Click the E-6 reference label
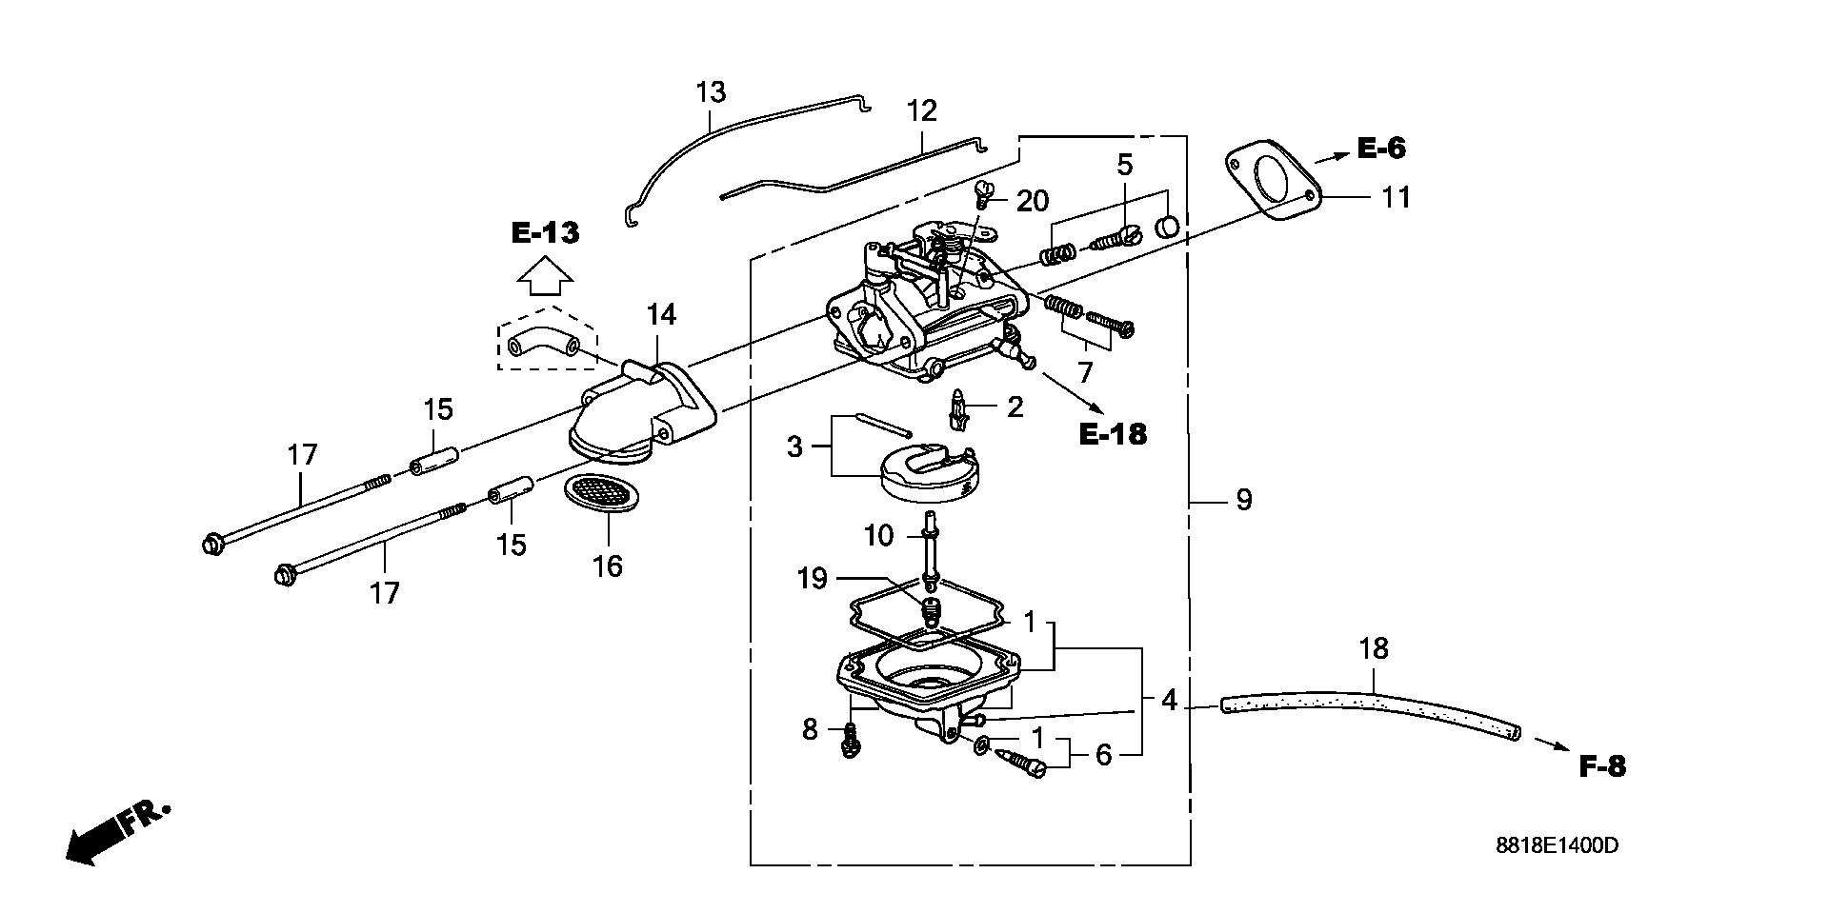coord(1381,148)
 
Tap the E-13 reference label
coord(545,232)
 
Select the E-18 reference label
coord(1113,434)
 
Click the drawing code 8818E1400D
coord(1556,845)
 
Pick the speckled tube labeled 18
coord(1370,717)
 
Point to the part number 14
coord(661,314)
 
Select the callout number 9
coord(1243,500)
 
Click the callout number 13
coord(711,92)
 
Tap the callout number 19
coord(812,578)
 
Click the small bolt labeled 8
coord(851,740)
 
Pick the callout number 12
coord(922,110)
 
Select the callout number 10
coord(879,536)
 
